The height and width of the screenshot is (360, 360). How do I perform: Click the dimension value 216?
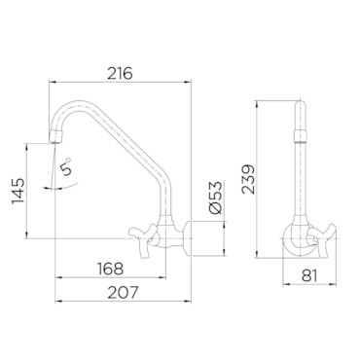click(x=120, y=73)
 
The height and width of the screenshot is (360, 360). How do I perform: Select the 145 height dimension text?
click(x=18, y=191)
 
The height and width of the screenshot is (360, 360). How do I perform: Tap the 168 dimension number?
click(x=111, y=269)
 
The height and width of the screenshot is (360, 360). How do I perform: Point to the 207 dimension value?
click(x=123, y=293)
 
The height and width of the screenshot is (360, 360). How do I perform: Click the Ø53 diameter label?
click(x=216, y=198)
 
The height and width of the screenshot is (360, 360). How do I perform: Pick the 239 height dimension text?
click(x=249, y=179)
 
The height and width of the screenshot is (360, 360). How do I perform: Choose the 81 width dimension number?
click(x=309, y=275)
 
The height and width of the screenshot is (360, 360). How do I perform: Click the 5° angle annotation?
click(x=66, y=166)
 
